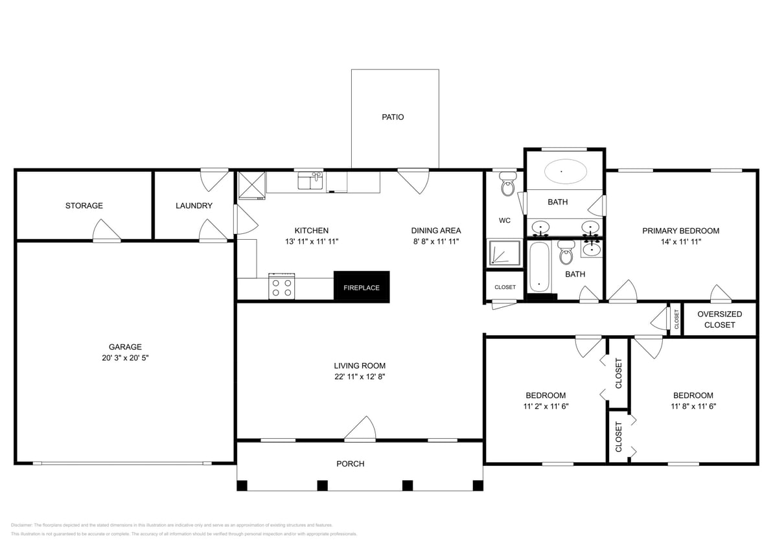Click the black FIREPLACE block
(x=362, y=286)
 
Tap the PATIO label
(x=393, y=117)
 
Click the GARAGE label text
(x=125, y=347)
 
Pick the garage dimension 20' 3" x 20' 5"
(x=125, y=358)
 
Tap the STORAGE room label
(x=84, y=205)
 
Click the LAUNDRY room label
(x=194, y=205)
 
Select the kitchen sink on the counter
(x=310, y=181)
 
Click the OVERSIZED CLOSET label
(x=719, y=319)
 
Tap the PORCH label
(x=350, y=463)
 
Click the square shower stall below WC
(x=503, y=253)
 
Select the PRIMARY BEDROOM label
(x=680, y=231)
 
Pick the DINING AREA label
(x=436, y=230)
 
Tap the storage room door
(x=106, y=231)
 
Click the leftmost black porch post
(x=242, y=485)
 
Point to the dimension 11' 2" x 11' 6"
(x=545, y=406)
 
